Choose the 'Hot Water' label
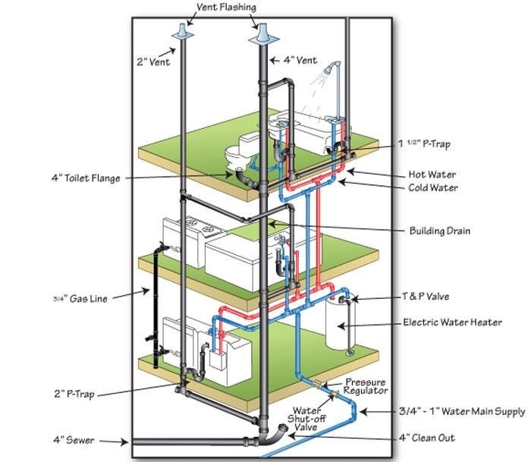click(433, 174)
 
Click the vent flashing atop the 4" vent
click(262, 35)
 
